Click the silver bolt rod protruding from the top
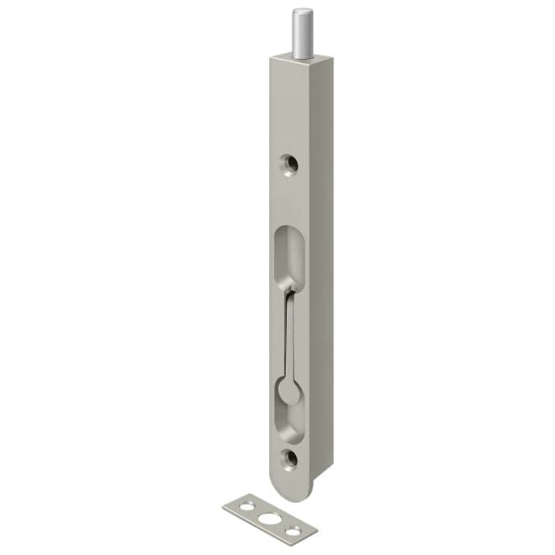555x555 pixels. click(299, 34)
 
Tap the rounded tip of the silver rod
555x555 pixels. click(299, 12)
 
